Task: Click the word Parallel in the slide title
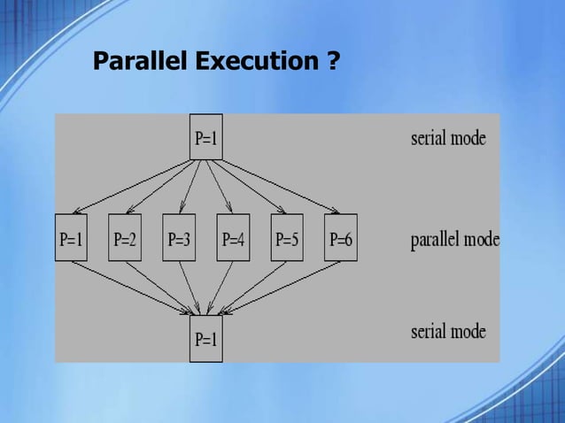[x=140, y=63]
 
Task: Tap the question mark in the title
[x=333, y=63]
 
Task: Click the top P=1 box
[x=205, y=137]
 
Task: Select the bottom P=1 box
[x=205, y=340]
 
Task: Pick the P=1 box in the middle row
[x=71, y=238]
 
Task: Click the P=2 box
[x=125, y=238]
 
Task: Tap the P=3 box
[x=180, y=238]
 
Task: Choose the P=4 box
[x=233, y=238]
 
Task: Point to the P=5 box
[x=287, y=238]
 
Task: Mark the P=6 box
[x=341, y=238]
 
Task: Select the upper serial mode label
[x=448, y=139]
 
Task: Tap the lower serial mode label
[x=448, y=332]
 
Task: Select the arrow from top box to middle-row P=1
[x=133, y=187]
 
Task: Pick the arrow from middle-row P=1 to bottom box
[x=133, y=288]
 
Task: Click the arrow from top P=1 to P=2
[x=159, y=187]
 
